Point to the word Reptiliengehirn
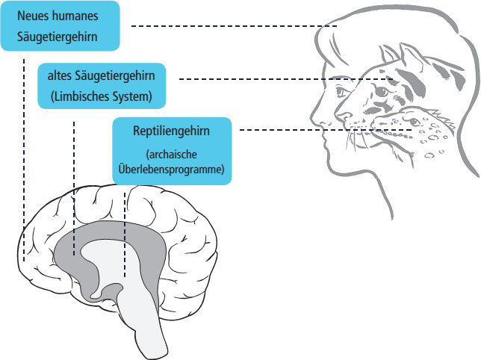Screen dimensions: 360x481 point(171,131)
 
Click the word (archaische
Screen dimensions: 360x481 point(171,155)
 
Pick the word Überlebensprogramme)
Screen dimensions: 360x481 point(171,170)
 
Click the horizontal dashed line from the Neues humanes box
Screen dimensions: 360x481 point(232,26)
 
